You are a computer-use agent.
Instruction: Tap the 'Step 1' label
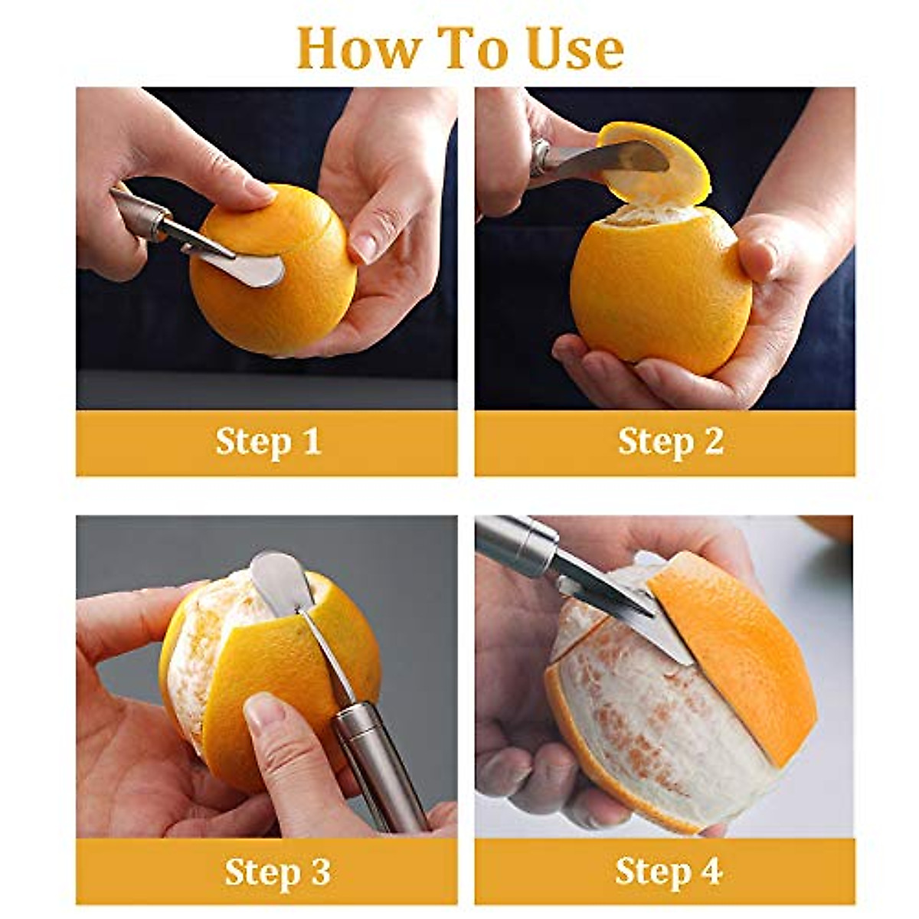coord(267,442)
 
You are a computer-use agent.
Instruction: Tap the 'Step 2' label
coord(670,442)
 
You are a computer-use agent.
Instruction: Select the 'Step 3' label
coord(276,872)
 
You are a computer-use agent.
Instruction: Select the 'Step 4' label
coord(668,872)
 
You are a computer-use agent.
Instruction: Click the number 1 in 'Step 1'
coord(309,442)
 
